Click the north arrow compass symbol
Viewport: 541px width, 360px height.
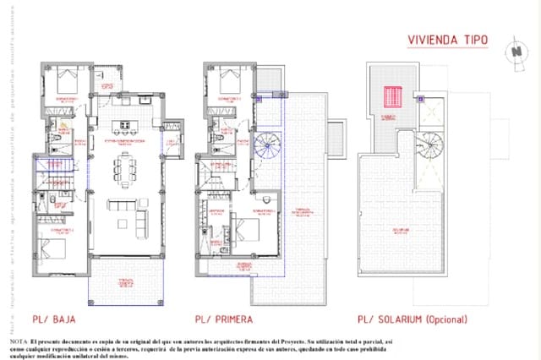pos(516,50)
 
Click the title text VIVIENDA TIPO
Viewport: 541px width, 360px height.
pos(446,39)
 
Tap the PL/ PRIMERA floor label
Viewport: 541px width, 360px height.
pos(227,320)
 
